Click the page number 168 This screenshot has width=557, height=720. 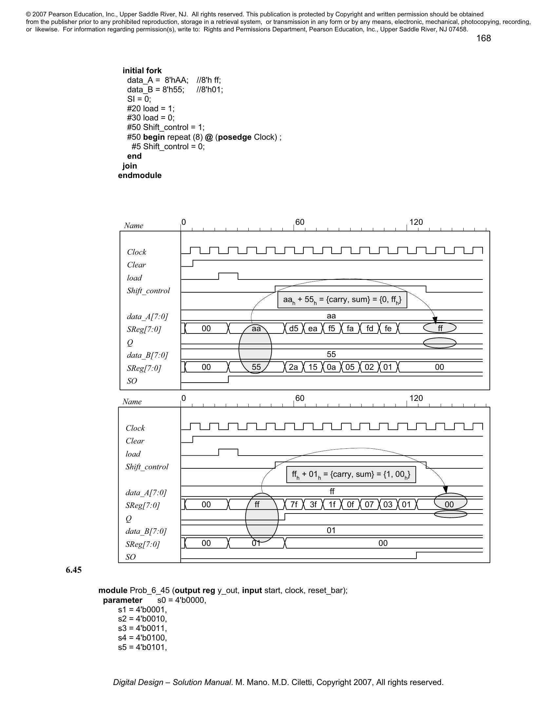pyautogui.click(x=483, y=38)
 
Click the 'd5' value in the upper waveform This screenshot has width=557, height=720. pyautogui.click(x=294, y=328)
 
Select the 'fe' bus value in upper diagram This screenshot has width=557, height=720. pyautogui.click(x=388, y=328)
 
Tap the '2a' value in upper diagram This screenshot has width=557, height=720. pyautogui.click(x=293, y=367)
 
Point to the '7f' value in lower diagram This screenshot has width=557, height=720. pyautogui.click(x=294, y=504)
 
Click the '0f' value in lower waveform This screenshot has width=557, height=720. pyautogui.click(x=351, y=504)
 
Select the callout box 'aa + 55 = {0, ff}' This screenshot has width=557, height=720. pyautogui.click(x=342, y=300)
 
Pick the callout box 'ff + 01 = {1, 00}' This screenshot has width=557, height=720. pyautogui.click(x=351, y=475)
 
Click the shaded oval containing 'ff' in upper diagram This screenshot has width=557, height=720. pyautogui.click(x=440, y=328)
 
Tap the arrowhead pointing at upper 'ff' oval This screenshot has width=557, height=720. pyautogui.click(x=435, y=320)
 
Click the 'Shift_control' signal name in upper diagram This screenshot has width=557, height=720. pyautogui.click(x=148, y=290)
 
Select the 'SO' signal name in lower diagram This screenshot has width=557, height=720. pyautogui.click(x=131, y=557)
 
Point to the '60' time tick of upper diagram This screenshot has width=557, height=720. pyautogui.click(x=299, y=222)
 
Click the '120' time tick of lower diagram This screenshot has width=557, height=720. pyautogui.click(x=416, y=398)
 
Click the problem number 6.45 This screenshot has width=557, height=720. pyautogui.click(x=74, y=570)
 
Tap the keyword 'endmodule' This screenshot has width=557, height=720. pyautogui.click(x=140, y=175)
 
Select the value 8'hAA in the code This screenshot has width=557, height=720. pyautogui.click(x=177, y=80)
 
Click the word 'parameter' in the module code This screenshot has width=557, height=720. pyautogui.click(x=123, y=600)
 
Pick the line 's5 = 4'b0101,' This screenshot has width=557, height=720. pyautogui.click(x=143, y=647)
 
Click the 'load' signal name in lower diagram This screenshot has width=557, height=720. pyautogui.click(x=133, y=454)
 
